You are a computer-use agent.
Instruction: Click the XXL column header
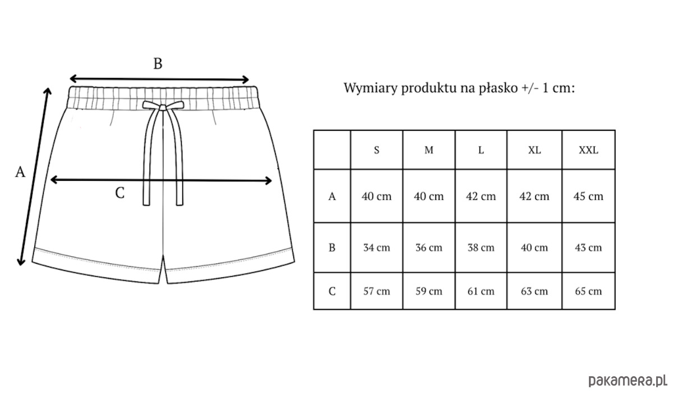pyautogui.click(x=588, y=150)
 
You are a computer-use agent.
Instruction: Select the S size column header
pyautogui.click(x=376, y=150)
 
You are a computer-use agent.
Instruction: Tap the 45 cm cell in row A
pyautogui.click(x=588, y=196)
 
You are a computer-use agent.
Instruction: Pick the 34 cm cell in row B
pyautogui.click(x=376, y=248)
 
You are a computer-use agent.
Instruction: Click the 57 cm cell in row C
pyautogui.click(x=376, y=291)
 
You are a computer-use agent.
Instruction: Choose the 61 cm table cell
pyautogui.click(x=481, y=291)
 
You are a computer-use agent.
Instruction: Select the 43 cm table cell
pyautogui.click(x=588, y=248)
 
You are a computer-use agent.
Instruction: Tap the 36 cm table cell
pyautogui.click(x=428, y=248)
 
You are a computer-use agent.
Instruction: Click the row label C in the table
pyautogui.click(x=332, y=291)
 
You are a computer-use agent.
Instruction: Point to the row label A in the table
pyautogui.click(x=332, y=196)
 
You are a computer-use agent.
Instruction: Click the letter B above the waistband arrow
pyautogui.click(x=158, y=64)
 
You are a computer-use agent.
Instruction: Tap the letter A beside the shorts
pyautogui.click(x=20, y=172)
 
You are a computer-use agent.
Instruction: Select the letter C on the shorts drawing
pyautogui.click(x=120, y=193)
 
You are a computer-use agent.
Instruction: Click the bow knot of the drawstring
pyautogui.click(x=163, y=107)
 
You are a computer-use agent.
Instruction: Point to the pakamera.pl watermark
pyautogui.click(x=628, y=381)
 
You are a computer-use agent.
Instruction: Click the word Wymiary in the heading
pyautogui.click(x=371, y=88)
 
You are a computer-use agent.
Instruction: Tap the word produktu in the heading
pyautogui.click(x=430, y=88)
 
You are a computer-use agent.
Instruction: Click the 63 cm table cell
pyautogui.click(x=534, y=291)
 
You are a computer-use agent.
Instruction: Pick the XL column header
pyautogui.click(x=534, y=150)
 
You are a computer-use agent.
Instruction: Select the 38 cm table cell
pyautogui.click(x=481, y=248)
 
